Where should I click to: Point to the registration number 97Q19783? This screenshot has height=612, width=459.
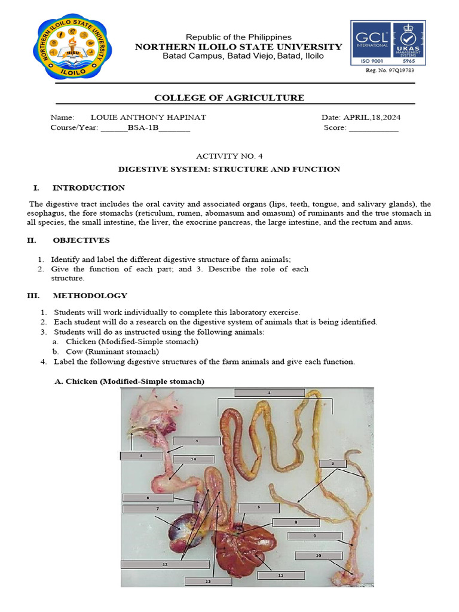point(390,70)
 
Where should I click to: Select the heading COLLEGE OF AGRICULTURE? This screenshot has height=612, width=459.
point(229,98)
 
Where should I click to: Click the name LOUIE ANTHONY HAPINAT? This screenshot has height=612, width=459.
point(148,117)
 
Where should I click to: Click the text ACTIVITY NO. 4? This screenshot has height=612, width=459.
point(229,156)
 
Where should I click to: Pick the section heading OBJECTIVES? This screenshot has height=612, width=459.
point(81,240)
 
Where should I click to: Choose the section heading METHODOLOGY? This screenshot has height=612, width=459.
point(90,295)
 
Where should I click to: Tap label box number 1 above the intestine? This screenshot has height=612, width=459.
point(269,393)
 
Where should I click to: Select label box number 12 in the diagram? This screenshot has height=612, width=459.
point(164,564)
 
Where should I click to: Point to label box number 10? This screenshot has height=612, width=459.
point(319,556)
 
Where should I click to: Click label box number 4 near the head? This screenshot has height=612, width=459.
point(141,455)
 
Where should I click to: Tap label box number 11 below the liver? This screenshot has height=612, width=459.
point(280,575)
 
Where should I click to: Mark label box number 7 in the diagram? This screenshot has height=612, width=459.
point(157,509)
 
